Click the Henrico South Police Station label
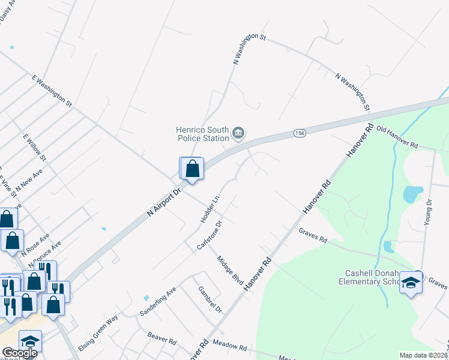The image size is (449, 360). click(202, 133)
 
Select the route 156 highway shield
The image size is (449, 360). click(301, 133)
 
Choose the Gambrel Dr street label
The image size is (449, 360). click(210, 299)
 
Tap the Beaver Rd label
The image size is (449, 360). click(163, 340)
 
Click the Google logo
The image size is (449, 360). click(20, 353)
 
